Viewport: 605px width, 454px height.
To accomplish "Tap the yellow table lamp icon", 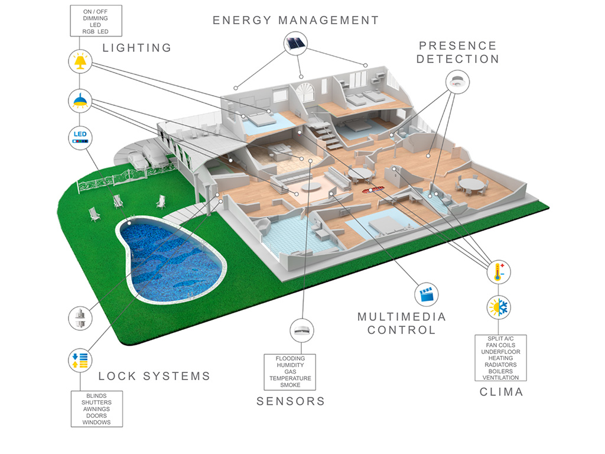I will point(79,61).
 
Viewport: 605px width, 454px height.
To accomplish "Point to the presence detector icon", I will point(457,81).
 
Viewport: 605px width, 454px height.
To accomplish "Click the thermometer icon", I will point(499,273).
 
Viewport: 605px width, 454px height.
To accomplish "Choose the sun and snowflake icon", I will point(499,308).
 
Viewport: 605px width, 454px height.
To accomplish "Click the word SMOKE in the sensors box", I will point(290,385).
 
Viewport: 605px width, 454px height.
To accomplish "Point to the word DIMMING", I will point(95,18).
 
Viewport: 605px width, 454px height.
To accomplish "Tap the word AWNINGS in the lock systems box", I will point(96,409).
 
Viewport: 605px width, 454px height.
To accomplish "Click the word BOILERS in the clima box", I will point(500,371).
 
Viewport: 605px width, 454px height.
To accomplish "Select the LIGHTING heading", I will point(137,48).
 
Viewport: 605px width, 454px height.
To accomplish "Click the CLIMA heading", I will point(501,392).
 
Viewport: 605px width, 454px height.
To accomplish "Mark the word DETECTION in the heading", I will point(458,59).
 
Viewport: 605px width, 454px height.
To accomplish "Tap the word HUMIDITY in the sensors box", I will point(290,365).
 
